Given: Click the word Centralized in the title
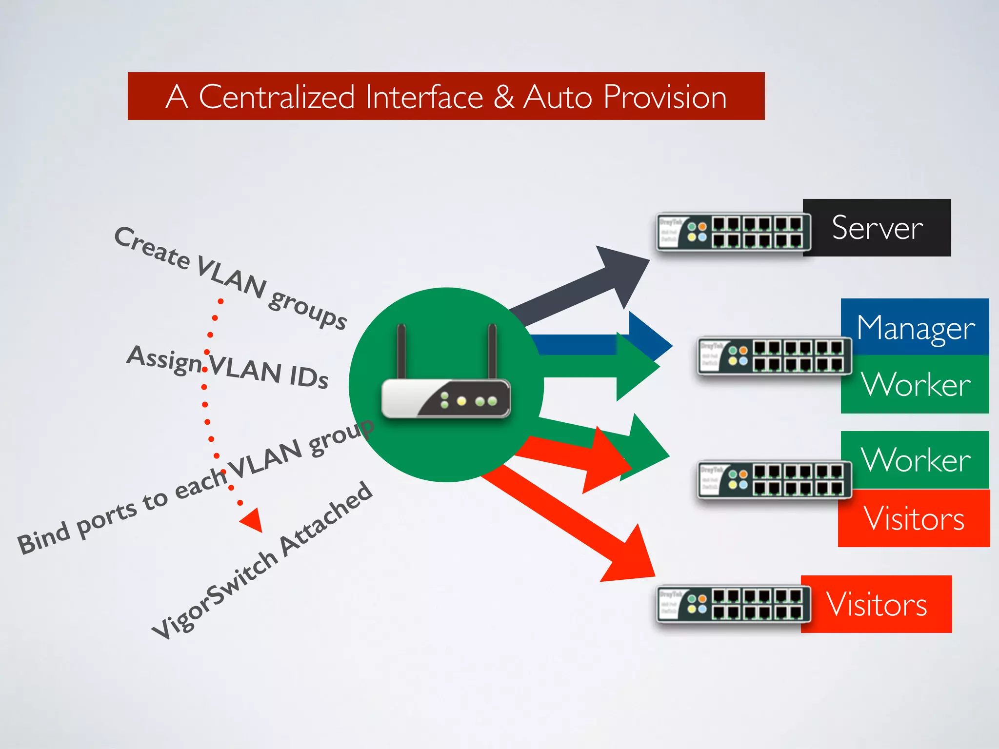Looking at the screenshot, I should coord(277,97).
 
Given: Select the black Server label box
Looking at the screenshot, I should coord(877,228).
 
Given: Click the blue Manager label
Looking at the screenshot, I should coord(915,327).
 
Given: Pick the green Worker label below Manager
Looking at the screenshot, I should coord(915,384).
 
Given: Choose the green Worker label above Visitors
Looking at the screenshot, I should coord(915,459).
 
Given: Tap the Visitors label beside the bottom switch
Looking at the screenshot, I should coord(877,604).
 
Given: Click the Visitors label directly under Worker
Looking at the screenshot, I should coord(914,518).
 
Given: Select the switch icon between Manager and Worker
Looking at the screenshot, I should coord(774,355).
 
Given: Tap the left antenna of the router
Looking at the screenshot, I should coord(401,351).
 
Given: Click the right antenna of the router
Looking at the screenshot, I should coord(492,351).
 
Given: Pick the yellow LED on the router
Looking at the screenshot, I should coord(461,401).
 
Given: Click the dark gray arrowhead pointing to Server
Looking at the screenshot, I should coord(622,271).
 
